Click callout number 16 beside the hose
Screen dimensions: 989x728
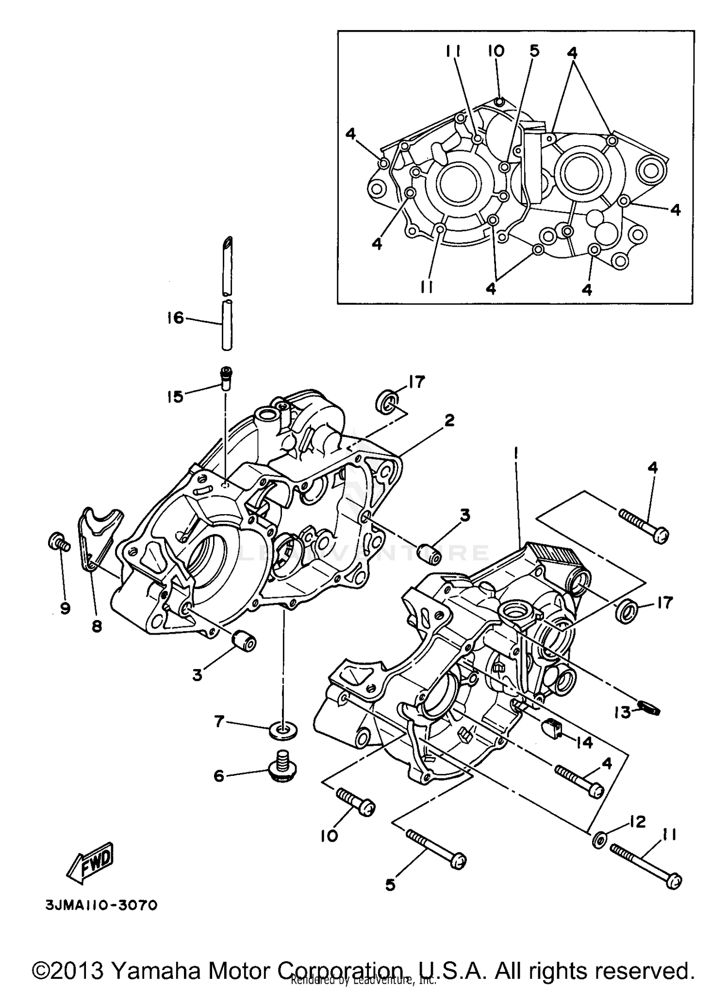pos(175,318)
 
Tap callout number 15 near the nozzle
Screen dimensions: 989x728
pos(175,397)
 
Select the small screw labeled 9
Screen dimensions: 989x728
pos(57,542)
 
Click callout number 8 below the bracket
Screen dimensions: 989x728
pos(97,627)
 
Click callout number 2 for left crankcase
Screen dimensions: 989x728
pos(449,420)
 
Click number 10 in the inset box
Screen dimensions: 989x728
pos(496,50)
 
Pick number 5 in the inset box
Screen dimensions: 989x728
pos(534,50)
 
